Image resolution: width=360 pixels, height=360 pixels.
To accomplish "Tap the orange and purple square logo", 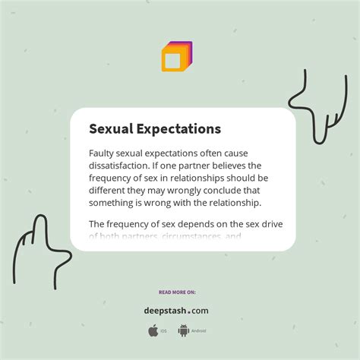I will [176, 57].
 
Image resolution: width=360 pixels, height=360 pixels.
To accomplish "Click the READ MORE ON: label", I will [176, 292].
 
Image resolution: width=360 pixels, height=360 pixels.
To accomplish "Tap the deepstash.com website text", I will [176, 311].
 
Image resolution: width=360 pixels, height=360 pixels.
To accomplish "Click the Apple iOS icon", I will [153, 330].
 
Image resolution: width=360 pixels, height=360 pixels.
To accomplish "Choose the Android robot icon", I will [183, 330].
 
